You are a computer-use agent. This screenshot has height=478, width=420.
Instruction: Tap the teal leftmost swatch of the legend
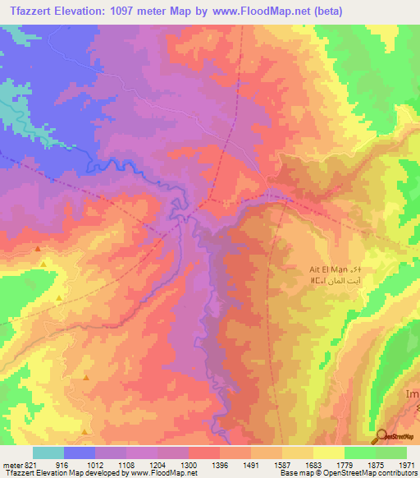(48, 452)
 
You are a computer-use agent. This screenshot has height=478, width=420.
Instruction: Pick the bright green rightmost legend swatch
(390, 452)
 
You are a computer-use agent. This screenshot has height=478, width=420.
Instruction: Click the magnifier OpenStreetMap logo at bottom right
(381, 437)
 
